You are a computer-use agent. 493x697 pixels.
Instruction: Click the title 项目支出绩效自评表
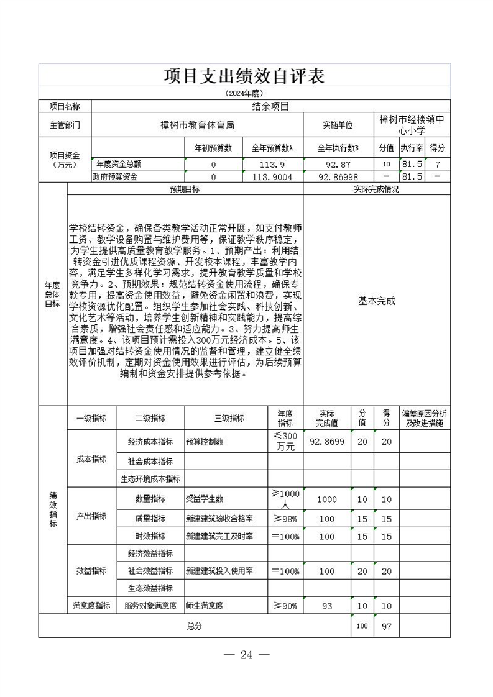244,76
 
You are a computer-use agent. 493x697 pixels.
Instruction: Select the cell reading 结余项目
270,106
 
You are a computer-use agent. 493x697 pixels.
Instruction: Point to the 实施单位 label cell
338,125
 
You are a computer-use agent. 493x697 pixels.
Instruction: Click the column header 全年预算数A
272,148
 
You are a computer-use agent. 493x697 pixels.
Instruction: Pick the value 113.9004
272,177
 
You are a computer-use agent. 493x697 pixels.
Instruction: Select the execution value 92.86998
337,177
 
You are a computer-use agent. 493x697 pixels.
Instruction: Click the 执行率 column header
412,148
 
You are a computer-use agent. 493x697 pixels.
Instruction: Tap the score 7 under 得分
438,165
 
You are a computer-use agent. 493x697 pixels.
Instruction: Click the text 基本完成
377,301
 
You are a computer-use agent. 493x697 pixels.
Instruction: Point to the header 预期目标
185,189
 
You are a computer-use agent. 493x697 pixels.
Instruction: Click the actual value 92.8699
327,442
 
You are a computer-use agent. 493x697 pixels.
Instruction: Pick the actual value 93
327,605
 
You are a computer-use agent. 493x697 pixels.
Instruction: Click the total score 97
386,626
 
